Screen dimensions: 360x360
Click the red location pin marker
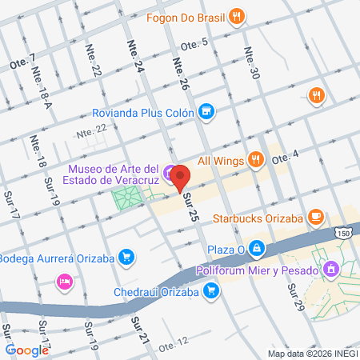[x=180, y=176]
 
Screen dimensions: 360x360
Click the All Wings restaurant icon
[x=256, y=158]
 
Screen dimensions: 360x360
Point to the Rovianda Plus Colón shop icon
[x=206, y=112]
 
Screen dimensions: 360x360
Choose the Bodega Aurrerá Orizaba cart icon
[x=126, y=257]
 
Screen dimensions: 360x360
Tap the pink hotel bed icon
[x=65, y=282]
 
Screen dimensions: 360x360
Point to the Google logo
[x=26, y=350]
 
